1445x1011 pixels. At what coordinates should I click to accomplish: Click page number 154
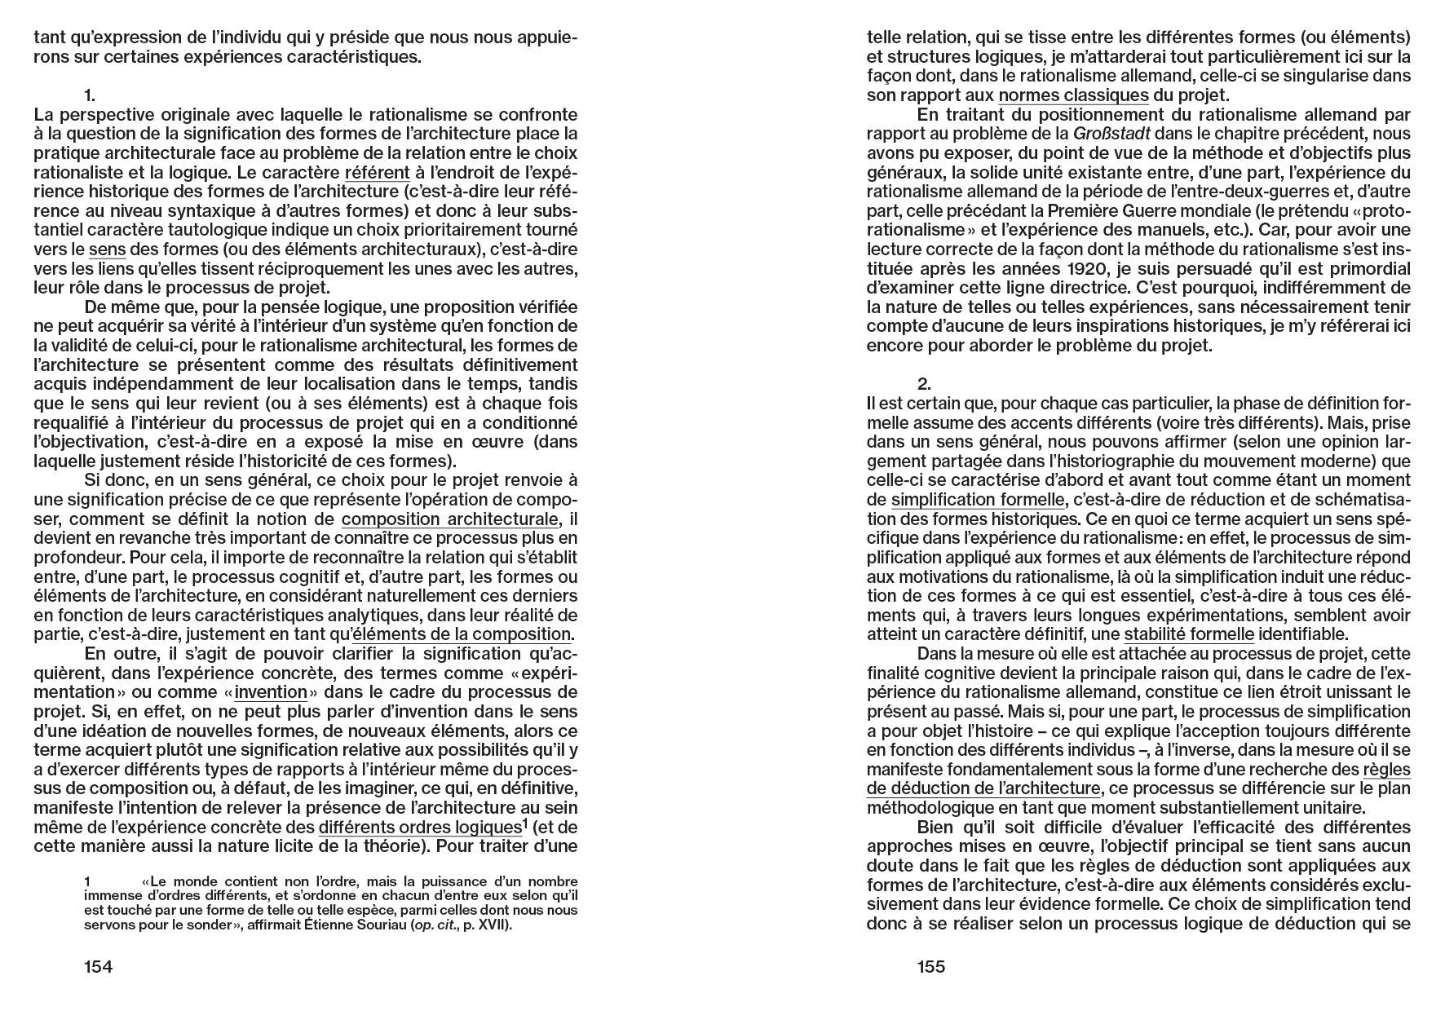pyautogui.click(x=98, y=967)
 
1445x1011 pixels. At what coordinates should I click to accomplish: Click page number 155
pyautogui.click(x=931, y=967)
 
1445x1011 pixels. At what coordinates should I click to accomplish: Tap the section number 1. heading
pyautogui.click(x=90, y=95)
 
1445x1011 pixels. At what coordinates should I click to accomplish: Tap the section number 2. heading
pyautogui.click(x=924, y=384)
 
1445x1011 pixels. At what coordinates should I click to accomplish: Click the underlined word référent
pyautogui.click(x=377, y=173)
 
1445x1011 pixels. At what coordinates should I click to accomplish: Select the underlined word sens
pyautogui.click(x=107, y=249)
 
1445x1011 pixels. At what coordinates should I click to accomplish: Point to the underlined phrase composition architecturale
pyautogui.click(x=450, y=519)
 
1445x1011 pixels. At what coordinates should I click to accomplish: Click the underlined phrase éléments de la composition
pyautogui.click(x=462, y=634)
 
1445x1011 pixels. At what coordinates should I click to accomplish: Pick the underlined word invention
pyautogui.click(x=271, y=692)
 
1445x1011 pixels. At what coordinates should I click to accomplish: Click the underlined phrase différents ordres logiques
pyautogui.click(x=419, y=828)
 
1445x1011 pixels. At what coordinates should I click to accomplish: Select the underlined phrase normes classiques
pyautogui.click(x=1073, y=95)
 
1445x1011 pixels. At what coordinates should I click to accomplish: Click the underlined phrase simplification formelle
pyautogui.click(x=978, y=500)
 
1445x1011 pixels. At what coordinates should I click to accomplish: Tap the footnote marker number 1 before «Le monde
pyautogui.click(x=87, y=881)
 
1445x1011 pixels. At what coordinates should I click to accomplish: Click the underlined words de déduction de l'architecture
pyautogui.click(x=983, y=788)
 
